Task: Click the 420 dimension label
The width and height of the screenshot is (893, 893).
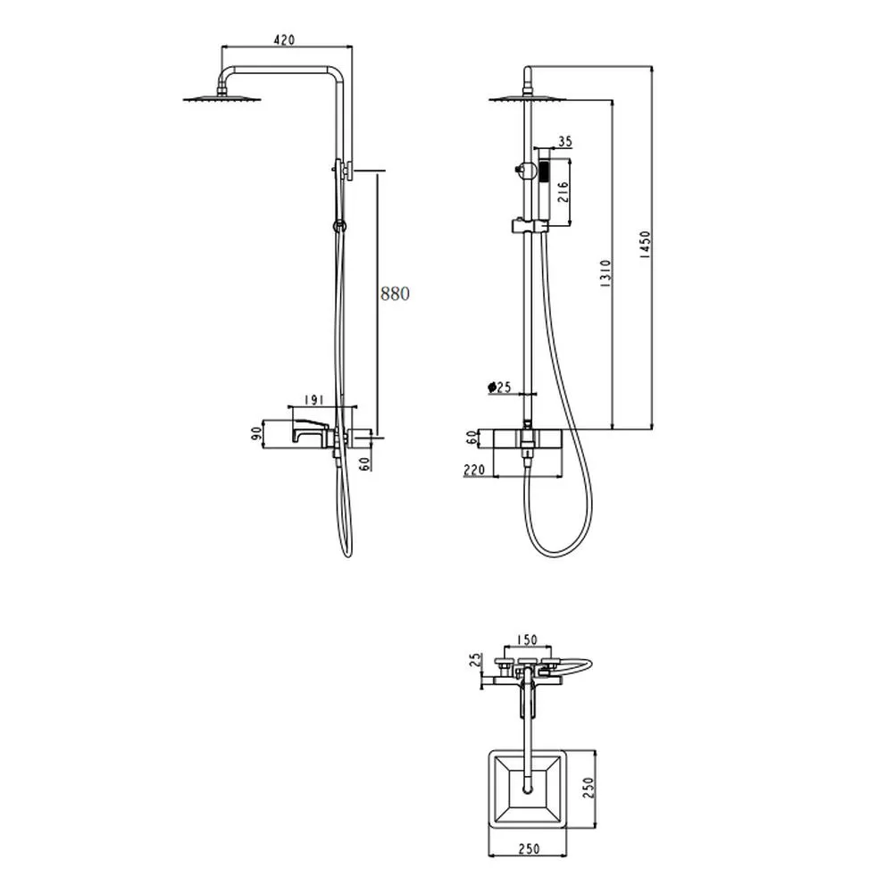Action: (284, 39)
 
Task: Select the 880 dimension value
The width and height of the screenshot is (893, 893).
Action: (395, 293)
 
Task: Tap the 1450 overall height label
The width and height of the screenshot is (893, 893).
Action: (645, 245)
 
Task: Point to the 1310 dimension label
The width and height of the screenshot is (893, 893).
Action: (605, 272)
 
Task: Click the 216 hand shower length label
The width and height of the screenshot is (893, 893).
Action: (563, 192)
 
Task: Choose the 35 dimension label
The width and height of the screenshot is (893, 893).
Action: (564, 141)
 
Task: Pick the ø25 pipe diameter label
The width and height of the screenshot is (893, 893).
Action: (499, 388)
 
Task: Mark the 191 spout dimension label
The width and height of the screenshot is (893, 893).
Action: (313, 400)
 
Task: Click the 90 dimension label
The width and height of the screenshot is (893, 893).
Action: (257, 434)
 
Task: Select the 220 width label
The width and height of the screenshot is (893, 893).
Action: (474, 470)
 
